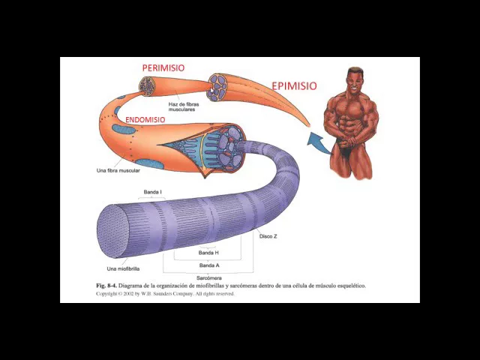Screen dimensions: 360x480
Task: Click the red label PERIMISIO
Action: tap(163, 67)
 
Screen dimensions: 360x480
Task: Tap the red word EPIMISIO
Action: tap(294, 85)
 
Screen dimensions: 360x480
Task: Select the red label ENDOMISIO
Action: tap(145, 120)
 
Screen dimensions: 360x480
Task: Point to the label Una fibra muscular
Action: tap(118, 170)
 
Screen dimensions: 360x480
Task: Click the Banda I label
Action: tap(152, 192)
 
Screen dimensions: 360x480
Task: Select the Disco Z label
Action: tap(268, 236)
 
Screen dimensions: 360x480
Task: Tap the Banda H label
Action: tap(208, 253)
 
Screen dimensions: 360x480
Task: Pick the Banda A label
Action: tap(208, 265)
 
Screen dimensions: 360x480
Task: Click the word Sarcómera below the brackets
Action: tap(208, 278)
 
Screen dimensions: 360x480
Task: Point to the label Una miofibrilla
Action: tap(123, 268)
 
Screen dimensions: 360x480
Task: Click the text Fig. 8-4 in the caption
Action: tap(108, 286)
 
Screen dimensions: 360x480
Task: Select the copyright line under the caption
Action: tap(164, 294)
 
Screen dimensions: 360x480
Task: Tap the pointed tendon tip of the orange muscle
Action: tap(307, 124)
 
